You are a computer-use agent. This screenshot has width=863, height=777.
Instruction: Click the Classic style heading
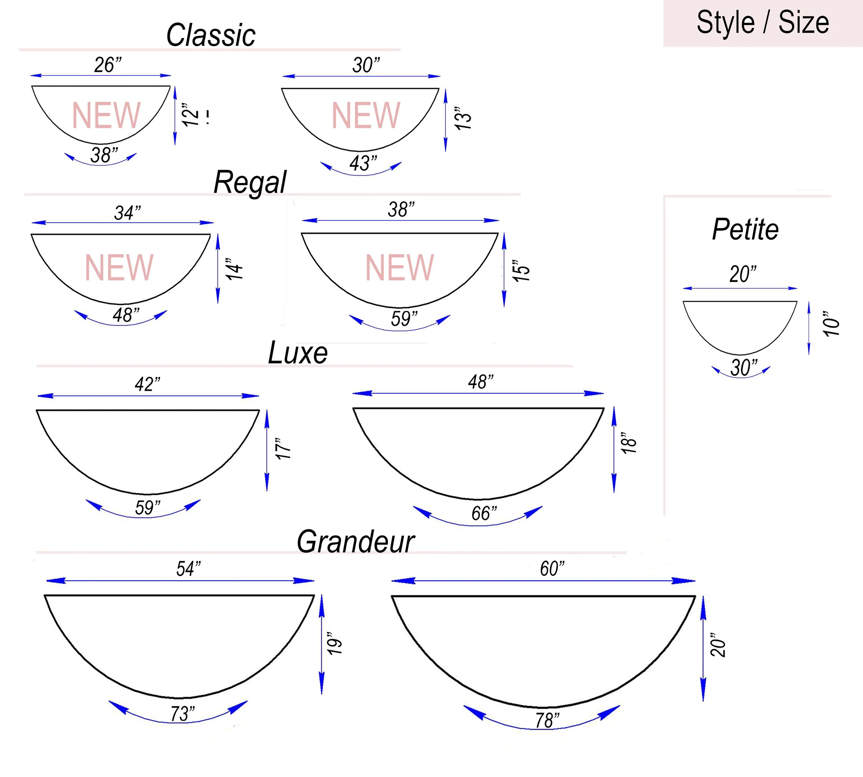[211, 35]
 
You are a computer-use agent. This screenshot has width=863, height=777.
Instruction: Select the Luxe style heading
[298, 353]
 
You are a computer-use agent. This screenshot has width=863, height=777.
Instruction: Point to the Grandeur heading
[356, 542]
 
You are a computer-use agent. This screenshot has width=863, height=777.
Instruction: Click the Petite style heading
[746, 229]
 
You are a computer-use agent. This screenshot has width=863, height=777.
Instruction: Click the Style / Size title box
[763, 23]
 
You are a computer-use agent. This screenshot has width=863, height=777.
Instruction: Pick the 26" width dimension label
[108, 65]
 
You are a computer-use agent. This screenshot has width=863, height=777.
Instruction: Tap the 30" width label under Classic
[366, 65]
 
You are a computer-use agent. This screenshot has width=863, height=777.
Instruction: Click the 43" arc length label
[363, 163]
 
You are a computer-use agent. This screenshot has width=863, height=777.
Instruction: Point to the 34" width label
[127, 212]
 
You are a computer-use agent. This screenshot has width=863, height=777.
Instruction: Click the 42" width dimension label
[147, 384]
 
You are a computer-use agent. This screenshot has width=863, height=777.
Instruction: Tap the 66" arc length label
[484, 513]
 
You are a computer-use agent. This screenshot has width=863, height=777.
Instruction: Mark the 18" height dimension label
[629, 443]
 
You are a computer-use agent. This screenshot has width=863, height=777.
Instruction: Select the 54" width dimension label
[188, 569]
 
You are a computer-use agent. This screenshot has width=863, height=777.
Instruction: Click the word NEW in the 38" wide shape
[399, 267]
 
